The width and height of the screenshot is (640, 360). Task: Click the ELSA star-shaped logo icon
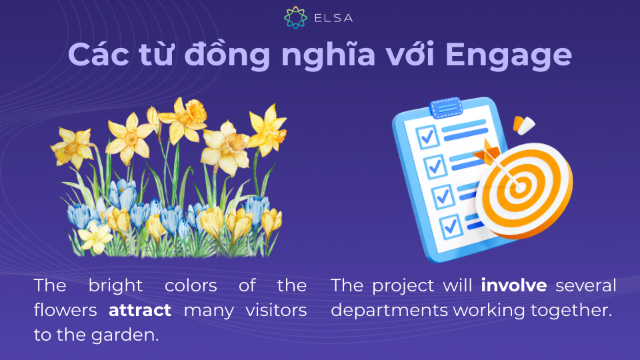(295, 17)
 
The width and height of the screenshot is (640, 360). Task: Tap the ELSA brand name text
(333, 18)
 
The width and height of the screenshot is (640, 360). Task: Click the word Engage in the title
(509, 55)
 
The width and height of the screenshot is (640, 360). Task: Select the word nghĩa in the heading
(328, 55)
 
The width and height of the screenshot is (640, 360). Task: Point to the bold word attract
(139, 310)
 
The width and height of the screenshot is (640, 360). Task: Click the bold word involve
(514, 285)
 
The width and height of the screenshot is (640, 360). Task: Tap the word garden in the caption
(125, 335)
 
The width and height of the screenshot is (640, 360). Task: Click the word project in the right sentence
(403, 286)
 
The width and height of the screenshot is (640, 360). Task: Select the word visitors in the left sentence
(276, 310)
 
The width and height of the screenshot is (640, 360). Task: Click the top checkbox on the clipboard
(427, 137)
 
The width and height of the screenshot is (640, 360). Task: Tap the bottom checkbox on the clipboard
(451, 226)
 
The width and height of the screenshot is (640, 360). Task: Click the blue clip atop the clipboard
(446, 107)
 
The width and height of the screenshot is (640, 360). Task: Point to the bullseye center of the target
(520, 187)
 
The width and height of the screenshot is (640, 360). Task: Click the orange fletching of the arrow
(487, 152)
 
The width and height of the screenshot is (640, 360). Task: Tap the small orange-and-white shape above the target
(524, 125)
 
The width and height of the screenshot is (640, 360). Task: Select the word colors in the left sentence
(191, 285)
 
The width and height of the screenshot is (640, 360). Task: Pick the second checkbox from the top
(435, 167)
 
